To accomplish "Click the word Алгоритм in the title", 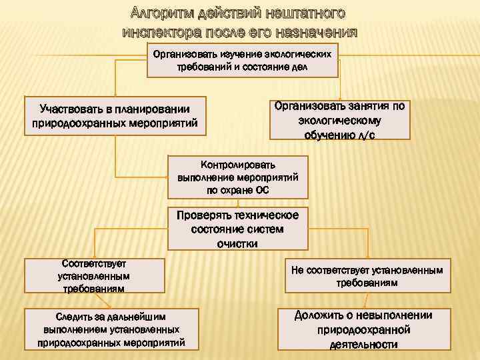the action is (159, 13).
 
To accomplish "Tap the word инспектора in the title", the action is (158, 32).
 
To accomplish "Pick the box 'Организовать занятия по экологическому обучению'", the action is (340, 120).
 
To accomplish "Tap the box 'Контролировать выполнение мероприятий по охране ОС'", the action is (238, 177).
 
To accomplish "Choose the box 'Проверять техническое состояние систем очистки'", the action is (237, 229).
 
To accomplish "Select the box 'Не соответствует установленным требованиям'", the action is (367, 277).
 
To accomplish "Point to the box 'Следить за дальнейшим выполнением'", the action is (111, 329).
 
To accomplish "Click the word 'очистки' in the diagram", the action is (237, 243).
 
